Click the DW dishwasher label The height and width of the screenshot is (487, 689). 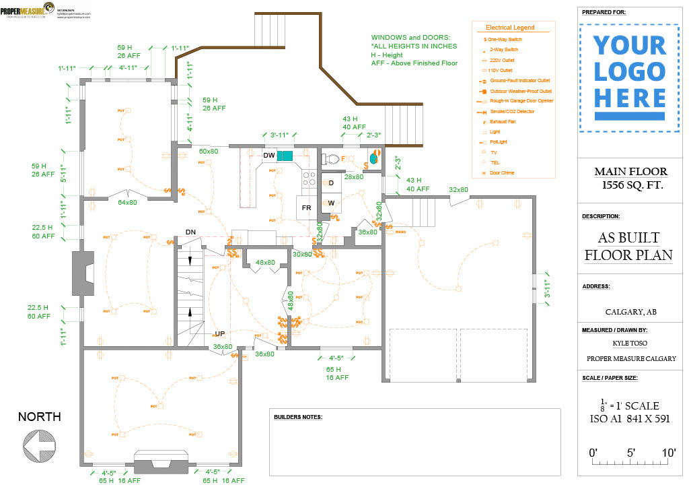pos(269,156)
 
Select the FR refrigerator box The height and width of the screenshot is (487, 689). pos(306,207)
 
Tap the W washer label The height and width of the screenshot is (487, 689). pos(331,203)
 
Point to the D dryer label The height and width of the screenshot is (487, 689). pos(331,183)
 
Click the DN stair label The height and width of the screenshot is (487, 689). pos(190,232)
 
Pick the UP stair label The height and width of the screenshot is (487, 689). pos(219,333)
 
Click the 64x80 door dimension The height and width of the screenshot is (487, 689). pos(128,202)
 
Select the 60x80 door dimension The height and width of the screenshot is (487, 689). pos(209,152)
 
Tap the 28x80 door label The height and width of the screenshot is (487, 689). pos(354,177)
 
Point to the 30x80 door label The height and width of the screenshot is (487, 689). pos(302,254)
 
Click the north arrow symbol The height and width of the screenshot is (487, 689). pos(38,445)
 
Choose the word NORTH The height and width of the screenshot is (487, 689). pos(39,417)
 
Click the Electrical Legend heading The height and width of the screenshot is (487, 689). pos(510,28)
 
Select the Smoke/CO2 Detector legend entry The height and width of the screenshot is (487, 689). pos(512,111)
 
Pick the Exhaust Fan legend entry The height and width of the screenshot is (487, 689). pos(503,122)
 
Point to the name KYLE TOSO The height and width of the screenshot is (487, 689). pos(631,344)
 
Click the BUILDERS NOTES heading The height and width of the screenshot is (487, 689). pos(298,417)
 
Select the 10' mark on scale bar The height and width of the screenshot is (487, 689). pos(668,453)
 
